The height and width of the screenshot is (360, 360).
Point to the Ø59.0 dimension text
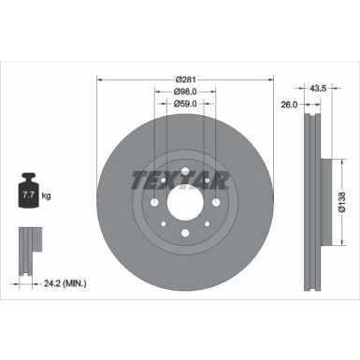click(185, 104)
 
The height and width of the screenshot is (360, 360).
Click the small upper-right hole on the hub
click(207, 180)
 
